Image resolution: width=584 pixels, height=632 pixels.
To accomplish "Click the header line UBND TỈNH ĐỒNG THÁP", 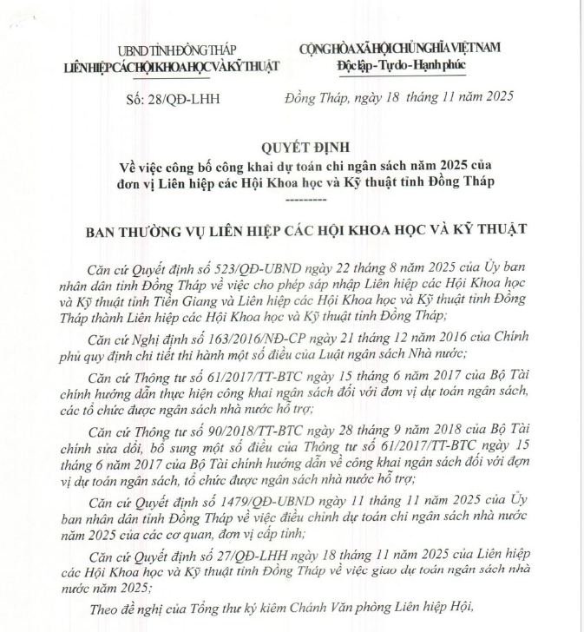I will point(167,52).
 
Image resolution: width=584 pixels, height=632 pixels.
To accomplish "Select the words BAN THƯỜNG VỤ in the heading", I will point(140,230).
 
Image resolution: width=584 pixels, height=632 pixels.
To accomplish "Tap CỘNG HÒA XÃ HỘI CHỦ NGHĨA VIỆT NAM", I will point(400,49).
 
